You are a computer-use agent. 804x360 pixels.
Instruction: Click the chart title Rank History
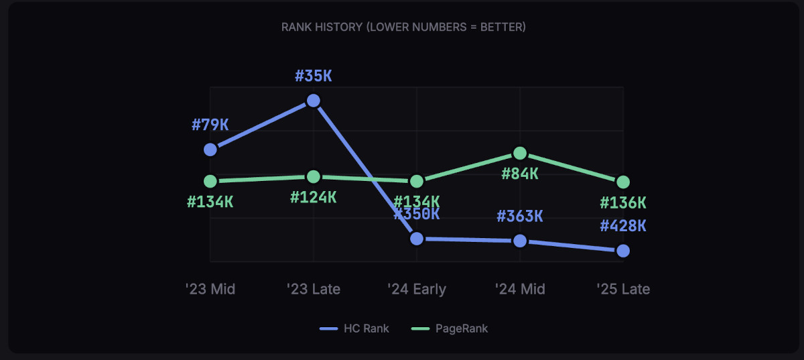point(403,27)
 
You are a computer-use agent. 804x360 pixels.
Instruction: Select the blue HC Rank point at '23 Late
point(313,101)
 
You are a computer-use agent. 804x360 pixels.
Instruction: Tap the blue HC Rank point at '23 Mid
point(210,149)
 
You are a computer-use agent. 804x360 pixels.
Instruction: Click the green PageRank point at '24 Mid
point(520,154)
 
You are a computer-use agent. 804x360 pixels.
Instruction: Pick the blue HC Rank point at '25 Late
point(623,251)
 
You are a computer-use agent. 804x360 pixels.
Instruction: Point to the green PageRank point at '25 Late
point(623,182)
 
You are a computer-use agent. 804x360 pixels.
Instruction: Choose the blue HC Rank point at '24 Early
point(417,239)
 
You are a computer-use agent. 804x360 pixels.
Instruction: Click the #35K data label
point(314,76)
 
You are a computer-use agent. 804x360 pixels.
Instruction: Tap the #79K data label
point(210,125)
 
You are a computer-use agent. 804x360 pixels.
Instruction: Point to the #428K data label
point(623,226)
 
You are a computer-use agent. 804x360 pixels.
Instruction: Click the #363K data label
point(520,217)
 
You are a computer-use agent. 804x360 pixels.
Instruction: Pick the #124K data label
point(314,198)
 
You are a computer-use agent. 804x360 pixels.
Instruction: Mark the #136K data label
point(623,202)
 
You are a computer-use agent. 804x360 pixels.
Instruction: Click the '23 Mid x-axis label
point(210,289)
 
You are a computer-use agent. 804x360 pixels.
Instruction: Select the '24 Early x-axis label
point(417,289)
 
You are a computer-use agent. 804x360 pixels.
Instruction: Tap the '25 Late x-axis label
point(623,289)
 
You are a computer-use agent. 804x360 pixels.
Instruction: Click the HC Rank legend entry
point(355,328)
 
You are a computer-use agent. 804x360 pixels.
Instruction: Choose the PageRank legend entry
point(449,328)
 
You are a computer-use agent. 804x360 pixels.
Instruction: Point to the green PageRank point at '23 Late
point(313,176)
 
